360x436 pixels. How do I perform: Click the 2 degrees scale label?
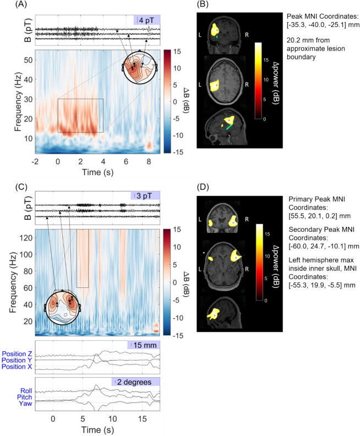click(135, 381)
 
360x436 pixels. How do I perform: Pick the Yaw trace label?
click(25, 402)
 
